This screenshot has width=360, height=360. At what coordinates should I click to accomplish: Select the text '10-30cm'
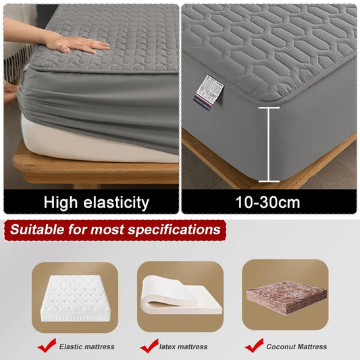[269, 202]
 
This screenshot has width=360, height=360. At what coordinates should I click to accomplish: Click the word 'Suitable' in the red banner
[37, 230]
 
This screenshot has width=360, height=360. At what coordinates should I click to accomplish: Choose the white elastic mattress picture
[75, 298]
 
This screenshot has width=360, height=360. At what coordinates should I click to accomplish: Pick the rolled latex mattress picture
[180, 297]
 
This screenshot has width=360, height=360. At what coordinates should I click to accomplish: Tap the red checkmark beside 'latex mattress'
[149, 346]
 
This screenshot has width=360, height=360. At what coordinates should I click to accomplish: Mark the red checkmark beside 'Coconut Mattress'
[254, 346]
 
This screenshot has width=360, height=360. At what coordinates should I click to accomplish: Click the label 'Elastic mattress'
[86, 347]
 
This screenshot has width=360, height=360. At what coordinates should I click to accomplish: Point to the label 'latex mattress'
[184, 347]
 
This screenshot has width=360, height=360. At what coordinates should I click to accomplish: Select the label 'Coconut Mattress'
[296, 347]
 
